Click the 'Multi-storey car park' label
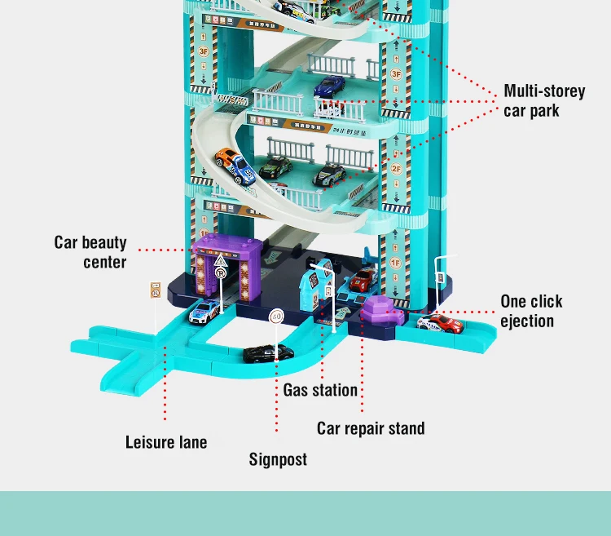point(543,100)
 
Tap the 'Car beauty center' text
point(91,252)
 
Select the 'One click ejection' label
point(531,311)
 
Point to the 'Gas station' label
point(320,390)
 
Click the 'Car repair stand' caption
point(371,427)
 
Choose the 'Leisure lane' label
point(166,442)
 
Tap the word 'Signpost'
point(278,459)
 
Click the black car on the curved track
point(269,353)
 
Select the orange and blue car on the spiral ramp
point(235,166)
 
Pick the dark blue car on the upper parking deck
point(329,85)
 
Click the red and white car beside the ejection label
point(440,324)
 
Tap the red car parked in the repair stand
point(362,280)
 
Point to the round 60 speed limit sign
point(276,316)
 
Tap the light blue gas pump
point(311,287)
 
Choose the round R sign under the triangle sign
point(220,274)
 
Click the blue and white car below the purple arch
point(204,311)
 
